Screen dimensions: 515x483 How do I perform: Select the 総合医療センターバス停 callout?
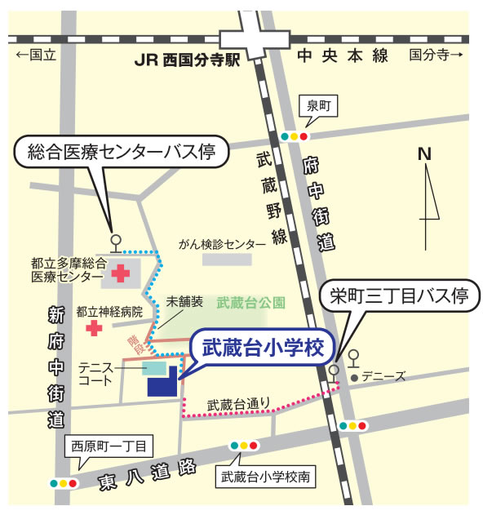pyautogui.click(x=122, y=153)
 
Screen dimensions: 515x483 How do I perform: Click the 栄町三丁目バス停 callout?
pyautogui.click(x=398, y=296)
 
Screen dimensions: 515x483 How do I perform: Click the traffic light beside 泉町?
pyautogui.click(x=295, y=136)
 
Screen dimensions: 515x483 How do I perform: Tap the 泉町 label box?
pyautogui.click(x=317, y=106)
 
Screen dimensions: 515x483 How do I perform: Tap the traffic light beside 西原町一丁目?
pyautogui.click(x=64, y=483)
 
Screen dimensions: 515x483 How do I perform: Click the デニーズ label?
pyautogui.click(x=383, y=377)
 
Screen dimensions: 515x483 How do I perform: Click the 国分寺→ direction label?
pyautogui.click(x=436, y=55)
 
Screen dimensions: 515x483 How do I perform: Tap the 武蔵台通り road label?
pyautogui.click(x=238, y=403)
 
